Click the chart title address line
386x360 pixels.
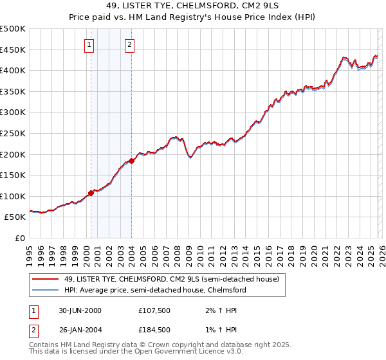pyautogui.click(x=192, y=6)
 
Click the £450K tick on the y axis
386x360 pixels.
pyautogui.click(x=13, y=50)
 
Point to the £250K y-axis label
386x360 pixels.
pyautogui.click(x=13, y=133)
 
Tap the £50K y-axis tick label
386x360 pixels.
pyautogui.click(x=15, y=217)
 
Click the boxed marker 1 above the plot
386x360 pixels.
pyautogui.click(x=88, y=44)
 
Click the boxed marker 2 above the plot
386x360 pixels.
pyautogui.click(x=130, y=44)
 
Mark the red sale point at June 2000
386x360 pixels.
pyautogui.click(x=91, y=193)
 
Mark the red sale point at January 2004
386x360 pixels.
pyautogui.click(x=131, y=161)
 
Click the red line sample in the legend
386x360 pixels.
pyautogui.click(x=46, y=279)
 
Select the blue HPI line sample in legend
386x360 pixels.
pyautogui.click(x=46, y=290)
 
